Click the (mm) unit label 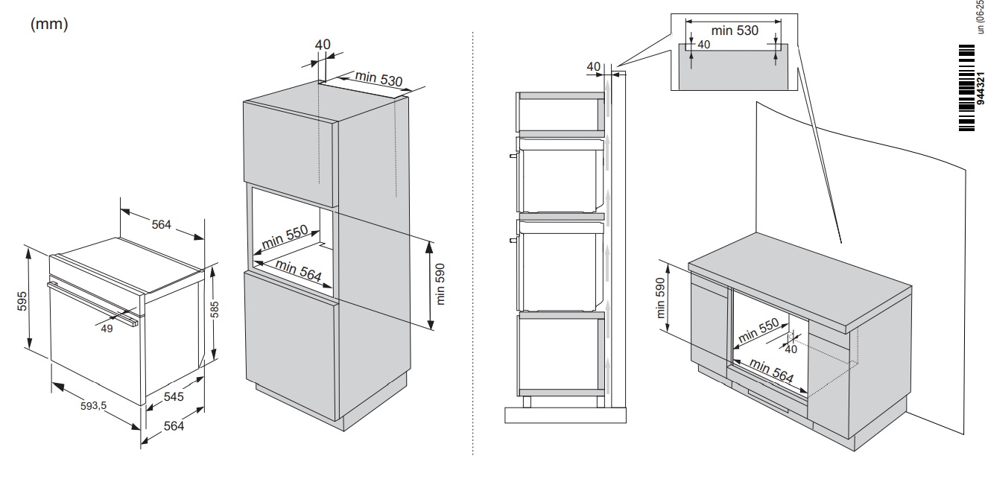pos(49,25)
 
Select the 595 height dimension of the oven pos(22,300)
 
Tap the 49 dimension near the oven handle pos(107,329)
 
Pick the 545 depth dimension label pos(173,397)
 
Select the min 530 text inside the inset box pos(735,31)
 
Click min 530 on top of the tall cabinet pos(379,78)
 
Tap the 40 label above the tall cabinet pos(322,45)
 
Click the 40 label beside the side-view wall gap pos(593,67)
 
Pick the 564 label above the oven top pos(162,225)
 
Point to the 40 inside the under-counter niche pos(791,349)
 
